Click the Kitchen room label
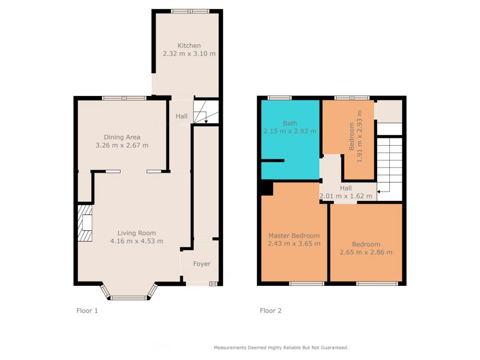pyautogui.click(x=189, y=46)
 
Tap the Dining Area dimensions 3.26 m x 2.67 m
pyautogui.click(x=122, y=146)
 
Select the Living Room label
pyautogui.click(x=137, y=233)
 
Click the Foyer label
pyautogui.click(x=202, y=264)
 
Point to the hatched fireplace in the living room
pyautogui.click(x=85, y=223)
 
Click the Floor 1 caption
pyautogui.click(x=87, y=311)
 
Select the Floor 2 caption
pyautogui.click(x=270, y=311)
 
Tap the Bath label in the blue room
pyautogui.click(x=290, y=123)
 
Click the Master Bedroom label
pyautogui.click(x=294, y=236)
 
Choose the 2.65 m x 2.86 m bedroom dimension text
pyautogui.click(x=366, y=252)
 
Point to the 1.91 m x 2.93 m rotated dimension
pyautogui.click(x=359, y=136)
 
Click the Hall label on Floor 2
pyautogui.click(x=346, y=188)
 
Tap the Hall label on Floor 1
pyautogui.click(x=181, y=116)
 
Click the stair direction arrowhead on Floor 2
pyautogui.click(x=379, y=192)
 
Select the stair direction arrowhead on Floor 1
pyautogui.click(x=206, y=122)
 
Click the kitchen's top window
pyautogui.click(x=190, y=11)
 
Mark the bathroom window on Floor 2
pyautogui.click(x=279, y=98)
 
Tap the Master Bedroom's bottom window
pyautogui.click(x=307, y=284)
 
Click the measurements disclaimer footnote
pyautogui.click(x=281, y=348)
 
